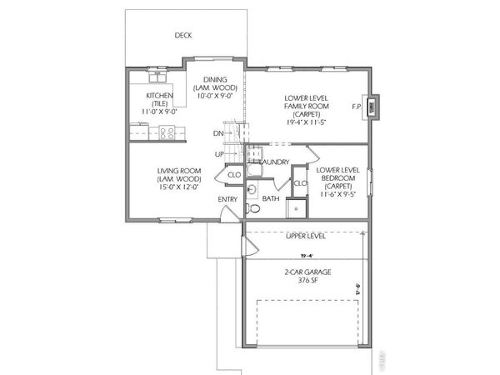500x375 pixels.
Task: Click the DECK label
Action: click(183, 35)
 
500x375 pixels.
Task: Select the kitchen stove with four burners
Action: click(166, 130)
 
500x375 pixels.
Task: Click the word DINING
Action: click(216, 79)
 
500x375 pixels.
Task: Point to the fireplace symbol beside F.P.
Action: click(374, 106)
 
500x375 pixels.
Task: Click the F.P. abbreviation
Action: click(357, 107)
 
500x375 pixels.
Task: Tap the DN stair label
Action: click(218, 133)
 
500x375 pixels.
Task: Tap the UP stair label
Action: click(219, 154)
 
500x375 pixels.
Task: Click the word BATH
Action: click(271, 199)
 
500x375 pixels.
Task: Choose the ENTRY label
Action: click(227, 199)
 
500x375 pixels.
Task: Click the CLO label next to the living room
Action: click(234, 175)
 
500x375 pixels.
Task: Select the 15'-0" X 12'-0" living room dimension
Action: click(179, 187)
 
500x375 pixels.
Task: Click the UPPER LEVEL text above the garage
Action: click(305, 236)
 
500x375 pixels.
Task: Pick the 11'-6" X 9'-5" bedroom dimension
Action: click(337, 194)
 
